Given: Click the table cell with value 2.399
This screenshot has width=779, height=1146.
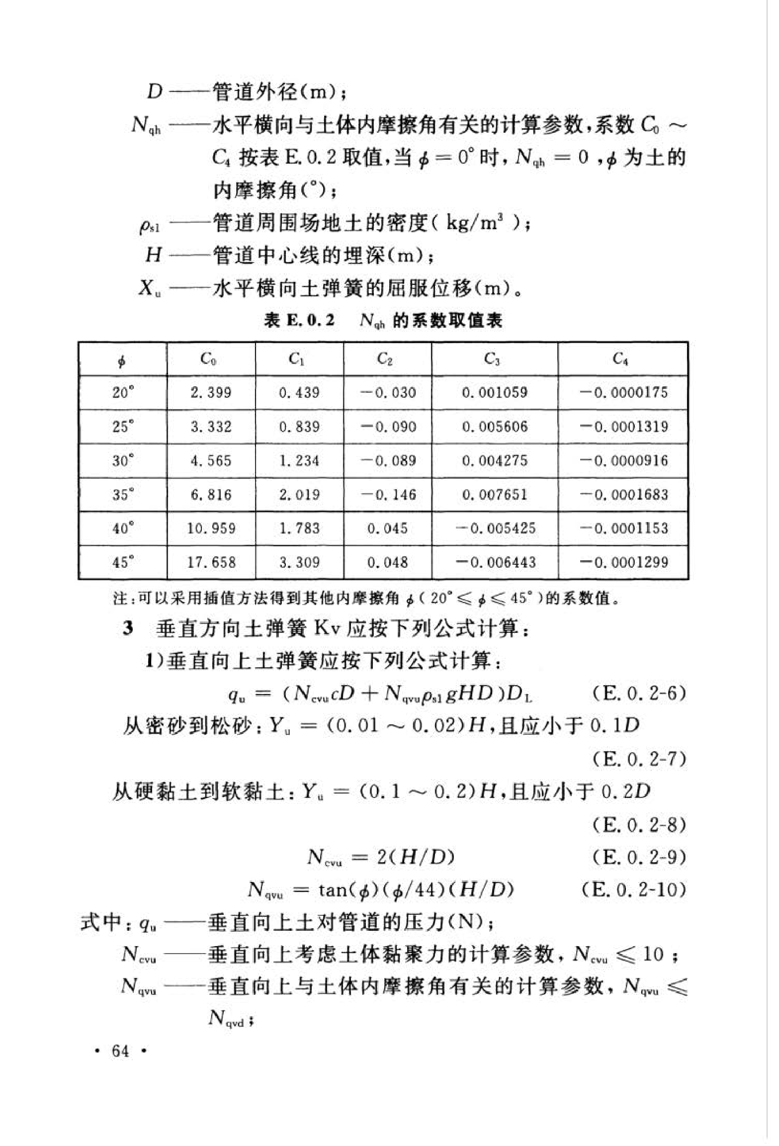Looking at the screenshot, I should [x=211, y=393].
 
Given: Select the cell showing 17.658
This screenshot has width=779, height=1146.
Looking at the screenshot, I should [x=211, y=562].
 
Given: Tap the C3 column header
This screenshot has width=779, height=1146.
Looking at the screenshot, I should [x=494, y=358].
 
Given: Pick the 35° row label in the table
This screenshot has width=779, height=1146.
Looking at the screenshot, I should [x=123, y=494].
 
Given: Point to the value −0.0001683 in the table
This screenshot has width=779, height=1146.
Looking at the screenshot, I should [x=624, y=494].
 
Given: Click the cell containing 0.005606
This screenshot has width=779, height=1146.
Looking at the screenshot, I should [x=494, y=427].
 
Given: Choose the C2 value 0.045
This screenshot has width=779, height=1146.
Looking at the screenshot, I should [x=387, y=528].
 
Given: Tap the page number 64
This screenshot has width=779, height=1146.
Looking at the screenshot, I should [x=121, y=1051].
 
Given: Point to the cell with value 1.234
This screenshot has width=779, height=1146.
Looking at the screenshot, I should [x=299, y=460].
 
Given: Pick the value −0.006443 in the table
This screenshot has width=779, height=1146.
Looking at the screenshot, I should [x=495, y=562].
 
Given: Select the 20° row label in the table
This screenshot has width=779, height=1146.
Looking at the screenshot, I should [x=123, y=393].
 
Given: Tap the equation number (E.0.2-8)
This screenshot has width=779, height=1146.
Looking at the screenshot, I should [x=639, y=825].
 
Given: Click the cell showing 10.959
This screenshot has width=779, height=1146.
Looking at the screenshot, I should [x=211, y=528].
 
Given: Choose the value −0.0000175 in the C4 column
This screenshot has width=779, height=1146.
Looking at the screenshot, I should [x=624, y=393].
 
